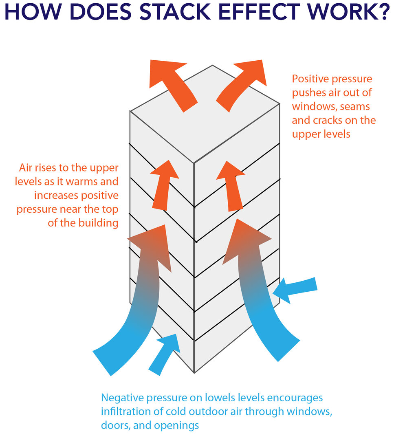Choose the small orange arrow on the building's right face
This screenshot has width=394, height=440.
(x=230, y=185)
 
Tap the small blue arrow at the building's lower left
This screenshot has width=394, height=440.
(x=165, y=352)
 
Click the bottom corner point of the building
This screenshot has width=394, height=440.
(x=194, y=372)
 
